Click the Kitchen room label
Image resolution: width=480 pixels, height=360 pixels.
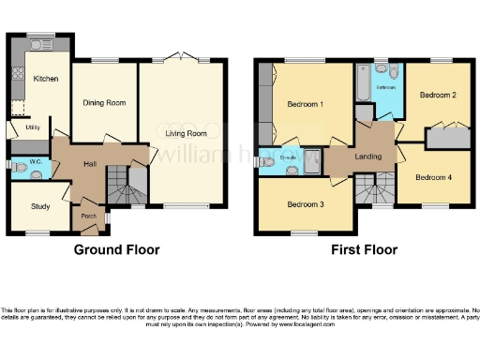click(x=47, y=80)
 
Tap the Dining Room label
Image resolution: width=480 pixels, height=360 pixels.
click(x=104, y=102)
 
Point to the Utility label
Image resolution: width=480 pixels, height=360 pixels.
click(x=31, y=126)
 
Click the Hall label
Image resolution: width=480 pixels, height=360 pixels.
click(x=91, y=165)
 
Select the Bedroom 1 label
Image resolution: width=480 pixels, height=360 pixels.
click(x=305, y=104)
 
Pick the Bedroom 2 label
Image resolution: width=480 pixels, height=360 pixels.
click(x=438, y=95)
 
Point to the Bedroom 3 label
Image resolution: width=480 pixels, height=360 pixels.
click(x=306, y=203)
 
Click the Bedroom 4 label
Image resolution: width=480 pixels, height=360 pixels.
click(x=434, y=177)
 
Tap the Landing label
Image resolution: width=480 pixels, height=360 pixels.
click(x=367, y=156)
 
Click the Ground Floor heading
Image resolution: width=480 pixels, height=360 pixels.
click(x=116, y=250)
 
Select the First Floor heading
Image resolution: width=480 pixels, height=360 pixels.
click(x=364, y=250)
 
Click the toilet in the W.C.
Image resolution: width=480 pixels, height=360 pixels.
click(x=22, y=170)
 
